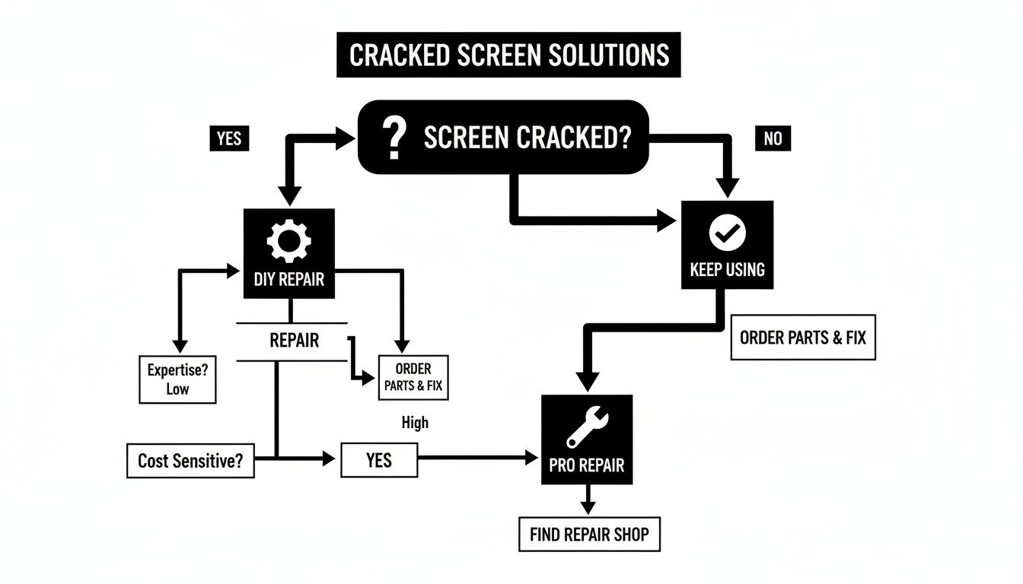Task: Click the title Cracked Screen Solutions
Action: point(508,56)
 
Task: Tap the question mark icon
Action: point(393,138)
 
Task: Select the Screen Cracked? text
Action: point(527,138)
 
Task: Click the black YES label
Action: point(229,138)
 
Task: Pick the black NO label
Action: point(772,139)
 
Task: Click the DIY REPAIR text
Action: point(288,279)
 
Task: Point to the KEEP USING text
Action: point(727,269)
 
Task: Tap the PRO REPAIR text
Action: point(587,465)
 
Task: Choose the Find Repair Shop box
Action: point(590,534)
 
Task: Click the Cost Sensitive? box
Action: point(190,461)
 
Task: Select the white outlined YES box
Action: point(379,459)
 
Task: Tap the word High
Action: point(415,423)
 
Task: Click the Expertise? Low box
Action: point(177,379)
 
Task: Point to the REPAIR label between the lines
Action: point(294,341)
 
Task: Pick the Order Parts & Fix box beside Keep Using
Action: point(803,337)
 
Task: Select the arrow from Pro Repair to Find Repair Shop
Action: point(587,500)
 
